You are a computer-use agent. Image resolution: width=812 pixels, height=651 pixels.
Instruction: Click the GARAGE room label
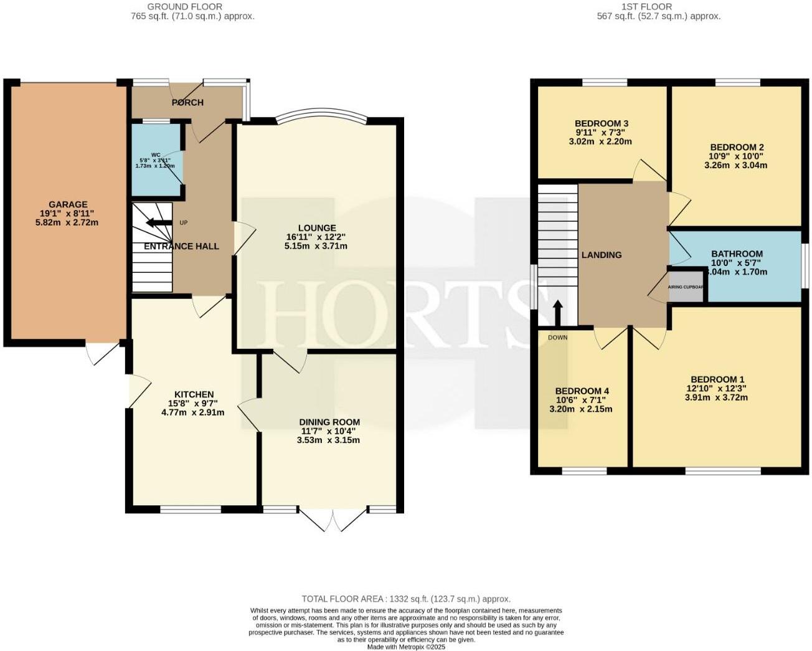tap(68, 204)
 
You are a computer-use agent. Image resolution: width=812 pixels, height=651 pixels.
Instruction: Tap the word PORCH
tap(187, 102)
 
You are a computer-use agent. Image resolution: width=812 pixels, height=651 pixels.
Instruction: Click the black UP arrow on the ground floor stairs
tap(159, 222)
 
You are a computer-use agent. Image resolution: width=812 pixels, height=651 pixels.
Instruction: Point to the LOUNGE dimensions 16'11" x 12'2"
tap(316, 237)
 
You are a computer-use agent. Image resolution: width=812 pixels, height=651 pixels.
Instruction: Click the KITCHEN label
tap(194, 394)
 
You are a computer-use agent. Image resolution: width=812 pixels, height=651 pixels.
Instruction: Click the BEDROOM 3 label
tap(601, 123)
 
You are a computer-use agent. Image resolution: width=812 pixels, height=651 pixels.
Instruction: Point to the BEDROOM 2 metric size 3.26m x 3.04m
tap(735, 165)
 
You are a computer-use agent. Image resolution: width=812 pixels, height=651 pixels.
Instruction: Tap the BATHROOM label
tap(737, 254)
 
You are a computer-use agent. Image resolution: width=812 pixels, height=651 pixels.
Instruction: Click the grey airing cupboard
tap(685, 288)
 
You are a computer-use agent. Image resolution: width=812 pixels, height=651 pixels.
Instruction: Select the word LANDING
tap(602, 255)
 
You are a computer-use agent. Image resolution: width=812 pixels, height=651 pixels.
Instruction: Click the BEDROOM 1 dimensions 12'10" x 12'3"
tap(717, 388)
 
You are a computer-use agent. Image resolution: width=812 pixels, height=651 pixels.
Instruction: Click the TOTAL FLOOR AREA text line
tap(406, 599)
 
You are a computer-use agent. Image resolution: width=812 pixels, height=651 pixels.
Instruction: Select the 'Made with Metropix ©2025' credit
tap(406, 647)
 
